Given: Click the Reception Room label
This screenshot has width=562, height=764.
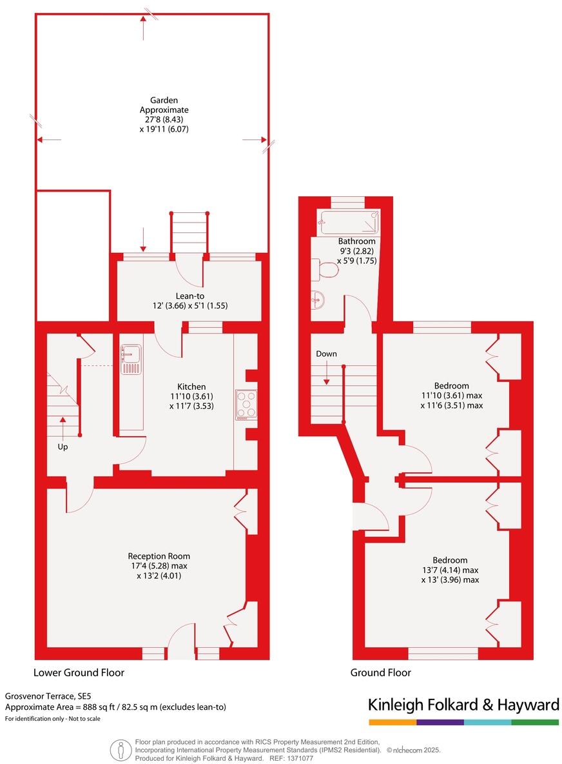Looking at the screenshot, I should pyautogui.click(x=159, y=556).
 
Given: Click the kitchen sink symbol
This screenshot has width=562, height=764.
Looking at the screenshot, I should pyautogui.click(x=131, y=359).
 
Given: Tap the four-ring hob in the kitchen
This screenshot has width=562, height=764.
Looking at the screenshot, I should pyautogui.click(x=246, y=405).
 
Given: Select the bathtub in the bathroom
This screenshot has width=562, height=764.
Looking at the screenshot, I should pyautogui.click(x=349, y=222).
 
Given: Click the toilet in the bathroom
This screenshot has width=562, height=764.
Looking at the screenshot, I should pyautogui.click(x=325, y=269).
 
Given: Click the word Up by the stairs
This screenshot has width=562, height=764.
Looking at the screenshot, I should pyautogui.click(x=63, y=447).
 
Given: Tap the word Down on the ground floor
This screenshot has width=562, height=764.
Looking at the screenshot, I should pyautogui.click(x=326, y=354).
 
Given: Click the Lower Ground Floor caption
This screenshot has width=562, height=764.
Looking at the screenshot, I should pyautogui.click(x=79, y=672).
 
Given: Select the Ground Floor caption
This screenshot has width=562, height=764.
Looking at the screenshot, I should pyautogui.click(x=380, y=672).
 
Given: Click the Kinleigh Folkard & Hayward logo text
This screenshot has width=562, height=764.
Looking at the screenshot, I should pyautogui.click(x=463, y=705).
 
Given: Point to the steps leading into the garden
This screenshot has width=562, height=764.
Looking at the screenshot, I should pyautogui.click(x=189, y=233).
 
